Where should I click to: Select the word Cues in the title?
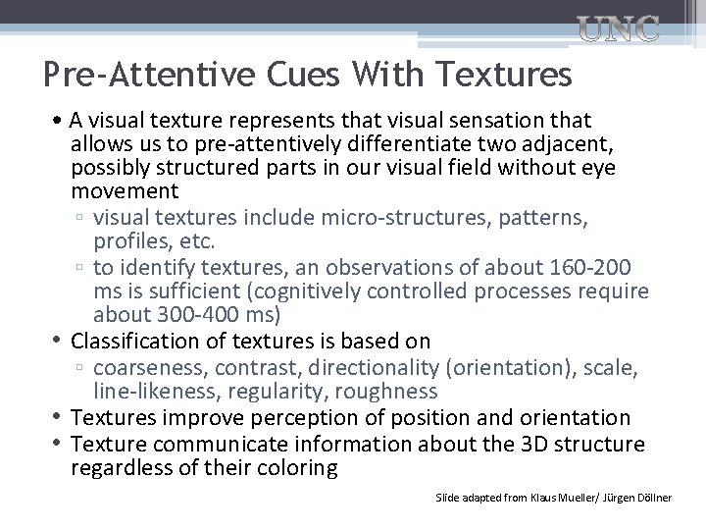(x=285, y=74)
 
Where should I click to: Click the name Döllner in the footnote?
(x=652, y=499)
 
